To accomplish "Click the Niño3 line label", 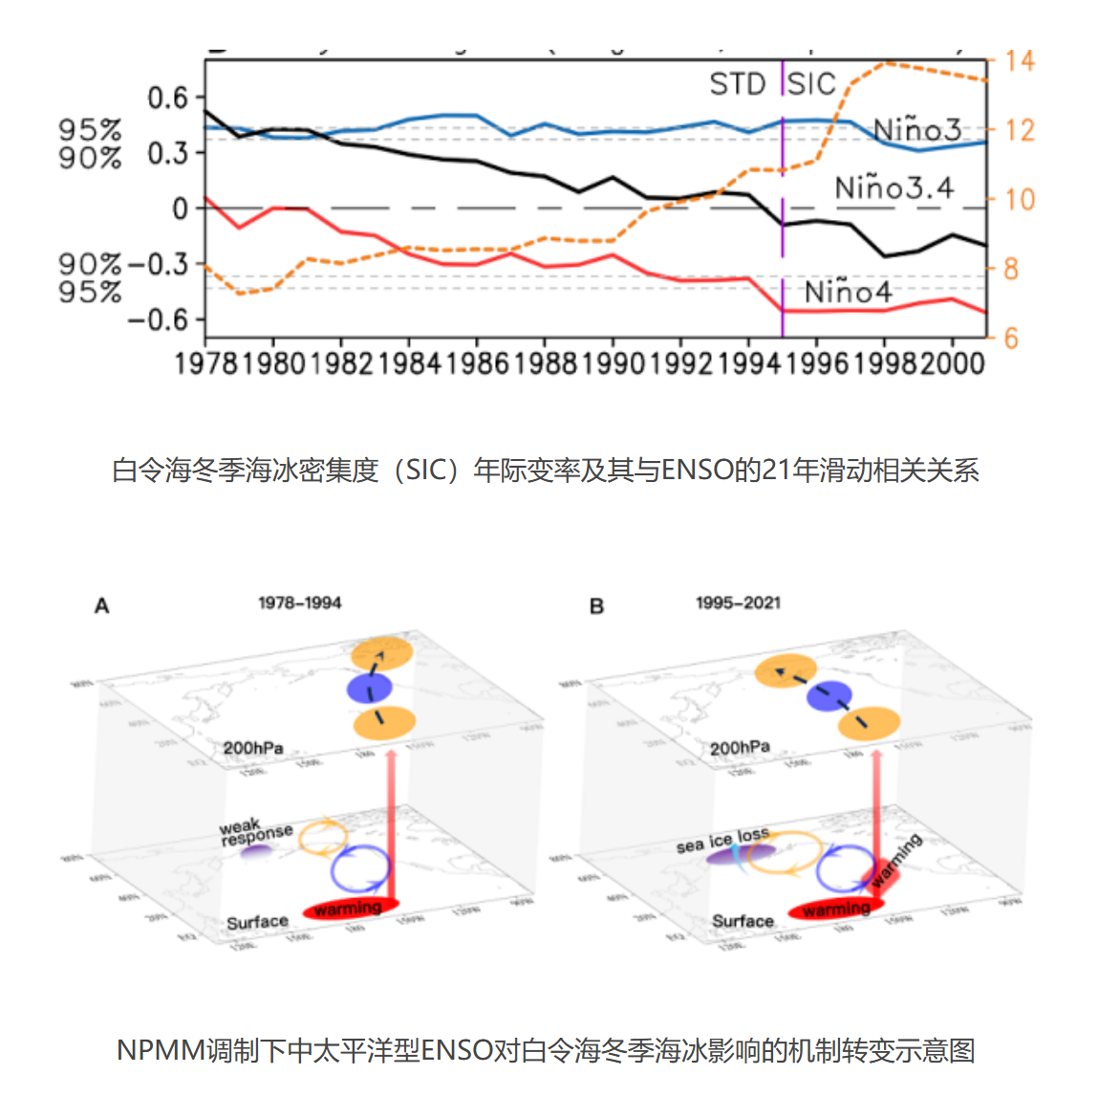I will pyautogui.click(x=916, y=129).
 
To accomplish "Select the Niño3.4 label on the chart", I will pyautogui.click(x=894, y=187).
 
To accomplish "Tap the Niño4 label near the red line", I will pyautogui.click(x=848, y=292).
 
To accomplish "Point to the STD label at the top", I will pyautogui.click(x=738, y=84).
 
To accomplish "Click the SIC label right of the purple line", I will pyautogui.click(x=811, y=84).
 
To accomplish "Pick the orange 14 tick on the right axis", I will pyautogui.click(x=1020, y=61).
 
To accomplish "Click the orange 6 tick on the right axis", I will pyautogui.click(x=1011, y=338).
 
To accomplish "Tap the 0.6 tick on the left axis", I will pyautogui.click(x=168, y=98).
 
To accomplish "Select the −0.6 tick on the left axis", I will pyautogui.click(x=159, y=319).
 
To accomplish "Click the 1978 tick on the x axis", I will pyautogui.click(x=205, y=363).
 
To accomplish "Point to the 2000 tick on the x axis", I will pyautogui.click(x=952, y=363).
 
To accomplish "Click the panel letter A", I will pyautogui.click(x=101, y=606).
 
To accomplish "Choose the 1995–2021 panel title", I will pyautogui.click(x=738, y=603).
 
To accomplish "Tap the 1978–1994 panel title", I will pyautogui.click(x=299, y=603).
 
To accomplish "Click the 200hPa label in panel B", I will pyautogui.click(x=740, y=748).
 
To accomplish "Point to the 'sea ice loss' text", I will pyautogui.click(x=722, y=840).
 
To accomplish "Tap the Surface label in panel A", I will pyautogui.click(x=257, y=922).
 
